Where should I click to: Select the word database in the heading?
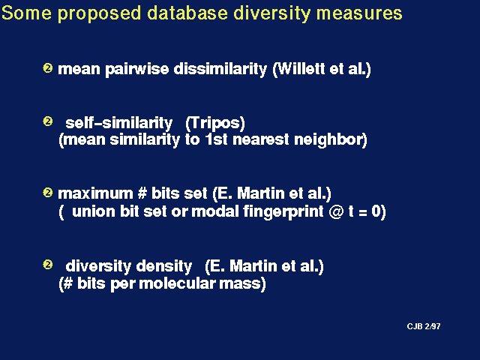click(187, 13)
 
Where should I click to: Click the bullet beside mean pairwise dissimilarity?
click(48, 67)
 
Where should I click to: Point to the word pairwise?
click(136, 70)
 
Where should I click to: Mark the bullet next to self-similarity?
click(48, 121)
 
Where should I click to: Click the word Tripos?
click(215, 123)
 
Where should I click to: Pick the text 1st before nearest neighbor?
click(217, 139)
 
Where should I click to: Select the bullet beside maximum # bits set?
click(48, 193)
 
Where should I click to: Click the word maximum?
click(95, 193)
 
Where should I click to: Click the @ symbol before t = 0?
click(337, 212)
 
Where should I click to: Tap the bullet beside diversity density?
click(48, 264)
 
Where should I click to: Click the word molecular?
click(177, 283)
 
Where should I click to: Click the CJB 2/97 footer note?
click(424, 326)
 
